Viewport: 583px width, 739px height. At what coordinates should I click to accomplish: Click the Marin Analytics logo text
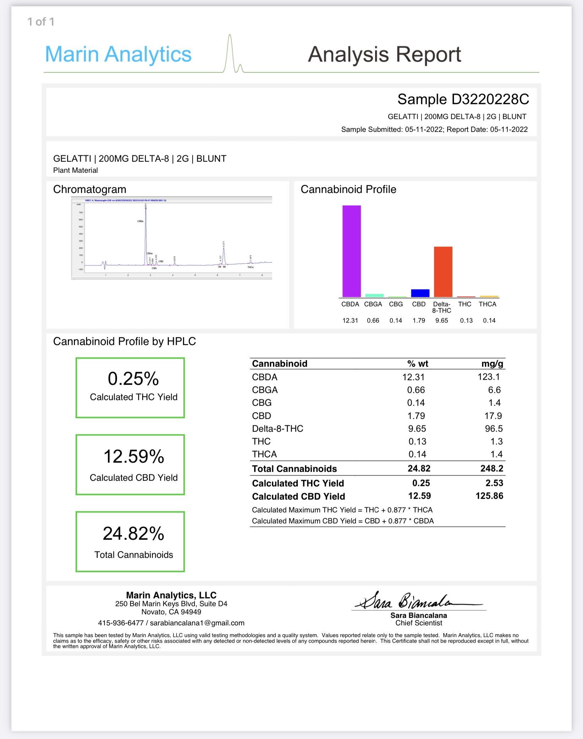(118, 54)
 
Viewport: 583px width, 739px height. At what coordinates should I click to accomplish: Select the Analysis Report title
(384, 54)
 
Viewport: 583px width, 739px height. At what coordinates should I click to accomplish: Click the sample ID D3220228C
(490, 99)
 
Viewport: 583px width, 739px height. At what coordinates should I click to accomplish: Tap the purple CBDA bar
(352, 251)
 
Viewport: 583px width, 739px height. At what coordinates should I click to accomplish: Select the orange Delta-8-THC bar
(443, 271)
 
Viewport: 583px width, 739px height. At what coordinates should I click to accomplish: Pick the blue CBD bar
(420, 293)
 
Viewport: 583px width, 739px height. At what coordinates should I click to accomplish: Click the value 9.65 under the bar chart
(442, 320)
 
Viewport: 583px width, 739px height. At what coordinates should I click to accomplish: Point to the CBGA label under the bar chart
(373, 304)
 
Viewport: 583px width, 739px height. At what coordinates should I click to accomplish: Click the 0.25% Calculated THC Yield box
(130, 388)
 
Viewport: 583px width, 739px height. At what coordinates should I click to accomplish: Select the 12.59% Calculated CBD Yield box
(130, 464)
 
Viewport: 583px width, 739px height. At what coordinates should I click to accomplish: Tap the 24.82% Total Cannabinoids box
(130, 541)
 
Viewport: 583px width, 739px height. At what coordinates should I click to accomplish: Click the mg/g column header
(492, 363)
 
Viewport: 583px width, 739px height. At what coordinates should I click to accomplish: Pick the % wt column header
(417, 363)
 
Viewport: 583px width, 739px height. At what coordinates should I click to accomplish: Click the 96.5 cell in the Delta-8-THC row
(494, 428)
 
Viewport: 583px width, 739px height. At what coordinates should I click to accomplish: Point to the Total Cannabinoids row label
(294, 469)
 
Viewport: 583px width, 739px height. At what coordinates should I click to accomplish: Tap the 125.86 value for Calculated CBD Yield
(489, 496)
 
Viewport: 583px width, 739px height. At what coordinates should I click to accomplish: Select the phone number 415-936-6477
(121, 623)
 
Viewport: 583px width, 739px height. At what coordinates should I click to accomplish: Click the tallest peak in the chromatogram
(146, 234)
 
